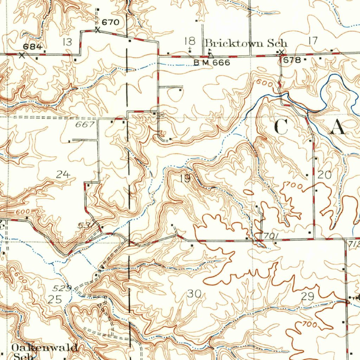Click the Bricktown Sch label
point(246,43)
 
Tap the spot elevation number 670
point(110,22)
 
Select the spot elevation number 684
point(33,47)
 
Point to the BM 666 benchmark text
point(212,63)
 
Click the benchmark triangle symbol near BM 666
point(210,55)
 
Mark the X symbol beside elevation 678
point(281,53)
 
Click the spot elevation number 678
point(292,60)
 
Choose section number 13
point(67,43)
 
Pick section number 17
point(313,41)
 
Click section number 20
point(324,175)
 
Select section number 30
point(194,294)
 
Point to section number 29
point(307,297)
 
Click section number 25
point(55,300)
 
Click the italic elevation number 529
point(62,289)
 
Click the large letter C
point(281,127)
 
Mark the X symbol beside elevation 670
point(98,31)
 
